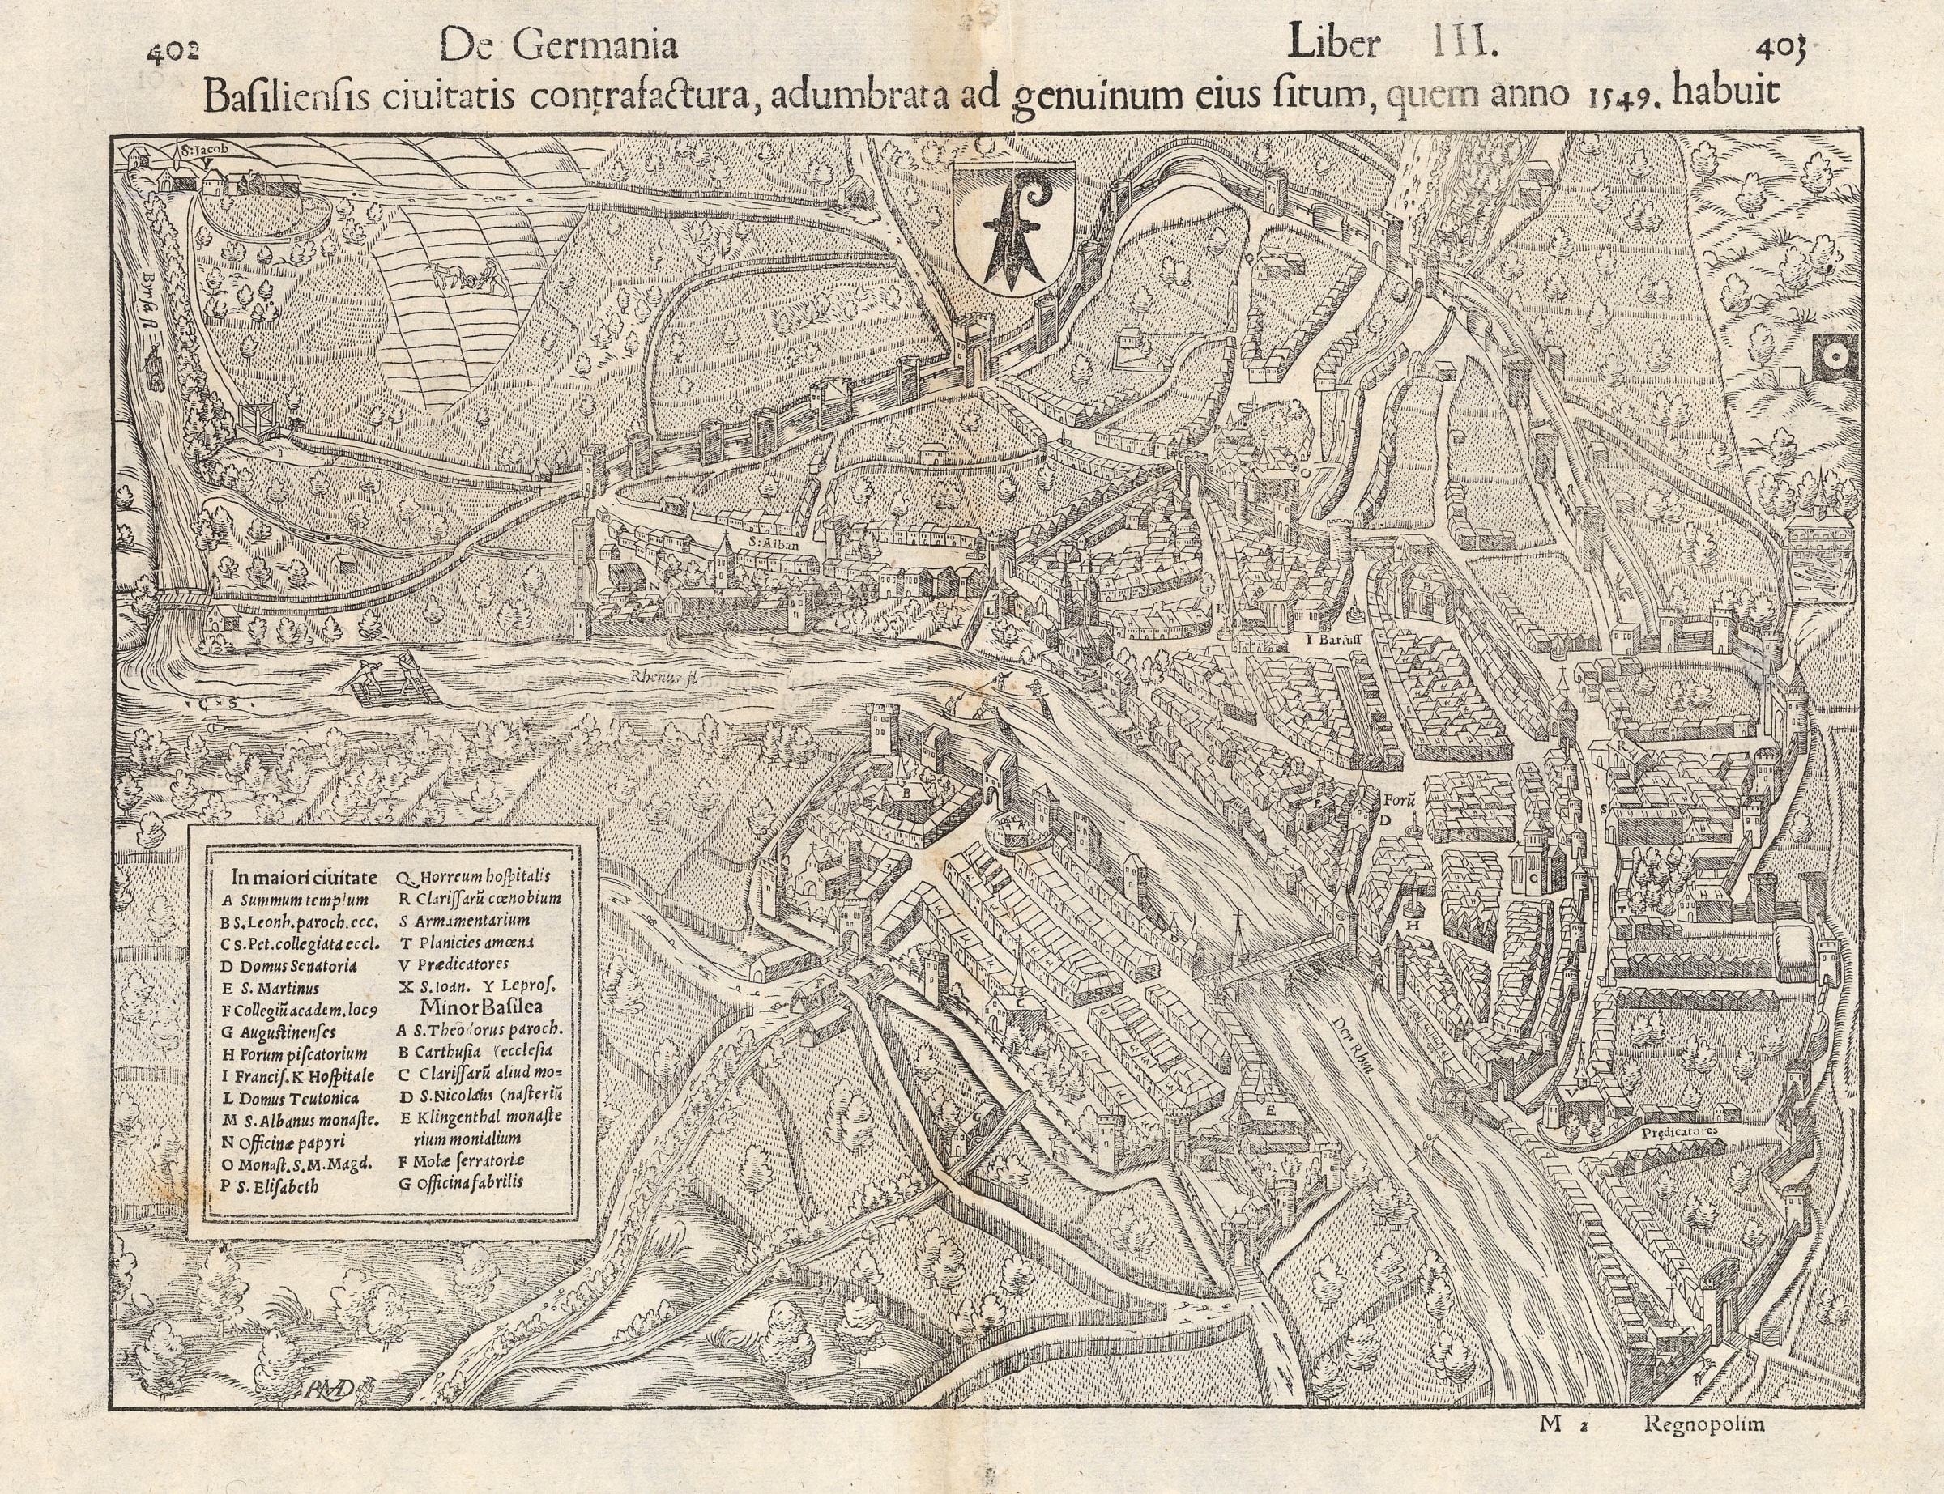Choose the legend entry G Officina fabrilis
point(462,1183)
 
